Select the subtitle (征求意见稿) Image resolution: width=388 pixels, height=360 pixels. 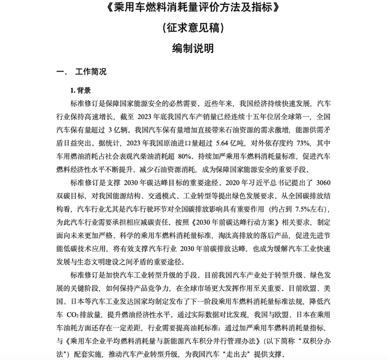point(193,28)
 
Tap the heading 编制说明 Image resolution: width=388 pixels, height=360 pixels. point(193,48)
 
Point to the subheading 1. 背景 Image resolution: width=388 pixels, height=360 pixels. point(81,90)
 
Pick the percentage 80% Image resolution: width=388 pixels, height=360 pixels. point(185,156)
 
